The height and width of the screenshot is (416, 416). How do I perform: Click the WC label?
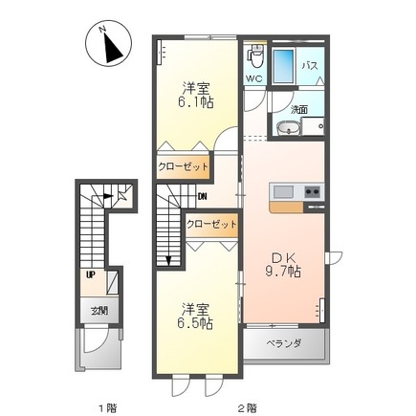click(x=254, y=78)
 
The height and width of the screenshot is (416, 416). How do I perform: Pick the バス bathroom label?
click(x=311, y=66)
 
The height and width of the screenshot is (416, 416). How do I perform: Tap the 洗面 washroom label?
click(x=298, y=109)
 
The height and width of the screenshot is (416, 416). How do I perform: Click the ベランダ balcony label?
click(x=284, y=343)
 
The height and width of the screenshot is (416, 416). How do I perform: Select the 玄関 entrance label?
click(x=99, y=311)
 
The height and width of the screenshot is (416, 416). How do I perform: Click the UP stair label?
click(x=91, y=275)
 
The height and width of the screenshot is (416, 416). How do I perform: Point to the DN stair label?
click(x=203, y=198)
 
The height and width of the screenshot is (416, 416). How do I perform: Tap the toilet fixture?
click(x=253, y=55)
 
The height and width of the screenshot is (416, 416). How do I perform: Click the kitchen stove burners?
click(x=312, y=192)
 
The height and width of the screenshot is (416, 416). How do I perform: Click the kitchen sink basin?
click(x=283, y=192)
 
